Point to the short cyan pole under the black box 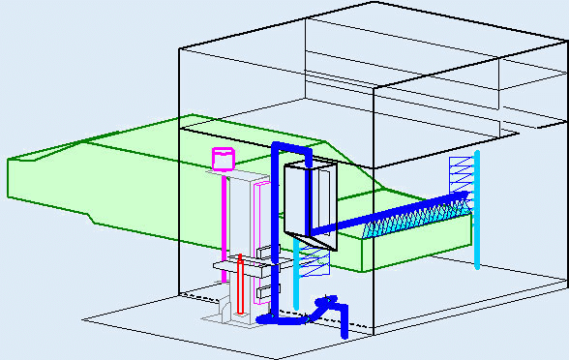(x=296, y=276)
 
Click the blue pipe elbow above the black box (x=291, y=148)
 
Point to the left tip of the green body (x=9, y=178)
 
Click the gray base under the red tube (x=232, y=318)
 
